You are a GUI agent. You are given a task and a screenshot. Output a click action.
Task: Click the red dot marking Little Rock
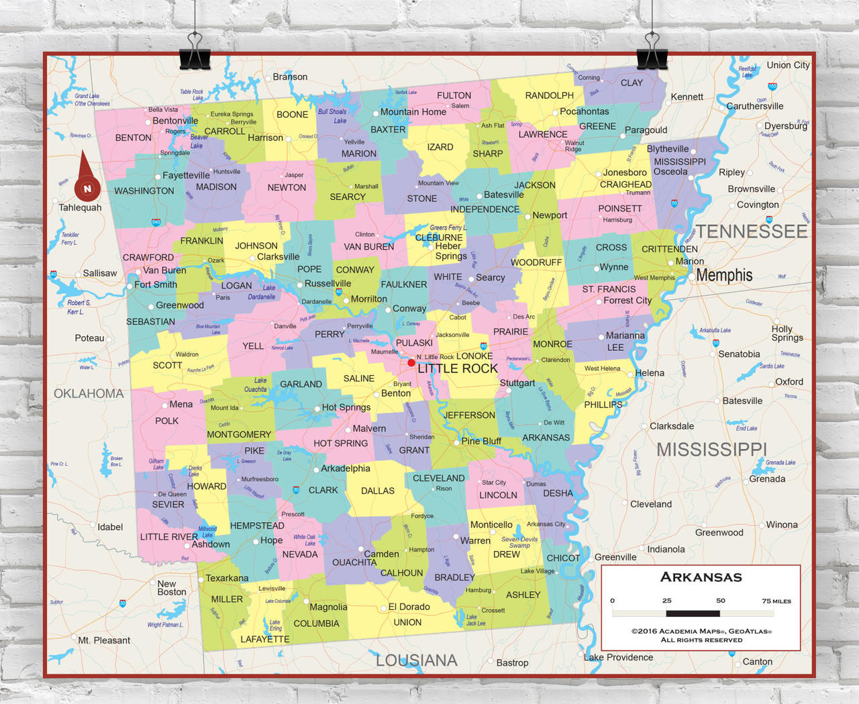click(x=411, y=362)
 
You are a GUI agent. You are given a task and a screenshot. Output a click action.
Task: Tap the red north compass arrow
click(x=87, y=179)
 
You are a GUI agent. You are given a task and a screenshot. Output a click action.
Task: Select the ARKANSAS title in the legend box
click(x=701, y=577)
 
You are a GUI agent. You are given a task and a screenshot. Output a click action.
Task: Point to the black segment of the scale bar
click(x=693, y=613)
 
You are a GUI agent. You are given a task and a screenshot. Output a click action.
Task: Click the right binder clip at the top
click(x=651, y=52)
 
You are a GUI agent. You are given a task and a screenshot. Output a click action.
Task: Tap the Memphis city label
click(x=724, y=275)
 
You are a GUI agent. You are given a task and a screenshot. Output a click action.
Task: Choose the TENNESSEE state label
click(x=751, y=232)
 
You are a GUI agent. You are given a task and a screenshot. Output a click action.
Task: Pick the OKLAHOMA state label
click(x=89, y=394)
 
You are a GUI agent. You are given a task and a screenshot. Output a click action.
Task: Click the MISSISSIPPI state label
click(x=711, y=450)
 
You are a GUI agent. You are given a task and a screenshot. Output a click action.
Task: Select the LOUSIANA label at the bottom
click(x=416, y=660)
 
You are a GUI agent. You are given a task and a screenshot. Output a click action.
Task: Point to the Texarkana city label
click(x=227, y=578)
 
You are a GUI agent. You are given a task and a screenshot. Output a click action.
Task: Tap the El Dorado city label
click(x=409, y=607)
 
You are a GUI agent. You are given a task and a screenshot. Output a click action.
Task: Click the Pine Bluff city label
click(x=481, y=441)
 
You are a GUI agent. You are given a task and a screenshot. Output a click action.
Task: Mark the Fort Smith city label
click(x=156, y=285)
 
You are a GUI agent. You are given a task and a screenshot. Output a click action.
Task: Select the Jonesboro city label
click(x=625, y=172)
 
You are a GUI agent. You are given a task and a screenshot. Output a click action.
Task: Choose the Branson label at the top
click(x=290, y=77)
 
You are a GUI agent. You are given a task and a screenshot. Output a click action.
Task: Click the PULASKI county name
click(x=414, y=343)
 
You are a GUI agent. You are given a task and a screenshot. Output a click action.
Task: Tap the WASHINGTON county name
click(x=144, y=191)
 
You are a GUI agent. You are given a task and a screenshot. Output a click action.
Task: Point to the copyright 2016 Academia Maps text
click(x=701, y=631)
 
